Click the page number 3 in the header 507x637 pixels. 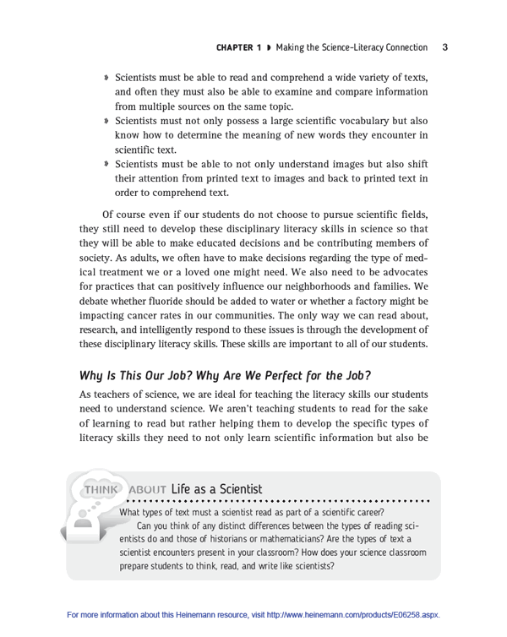point(444,47)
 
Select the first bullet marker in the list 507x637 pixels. point(106,77)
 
